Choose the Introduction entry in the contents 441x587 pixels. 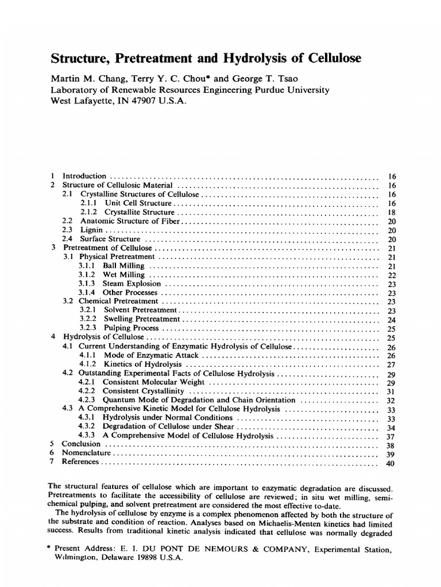84,176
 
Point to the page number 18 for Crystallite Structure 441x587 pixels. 392,212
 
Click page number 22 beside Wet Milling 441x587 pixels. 392,275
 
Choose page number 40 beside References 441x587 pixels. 392,463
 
